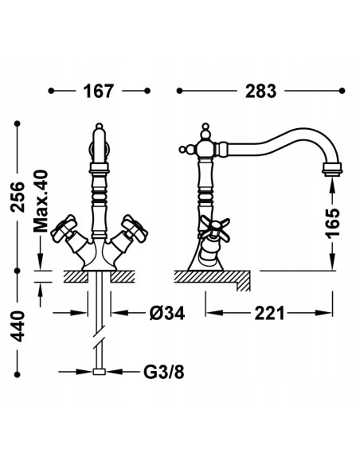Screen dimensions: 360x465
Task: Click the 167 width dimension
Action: pos(98,91)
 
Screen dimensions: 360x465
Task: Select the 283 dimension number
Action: pos(260,91)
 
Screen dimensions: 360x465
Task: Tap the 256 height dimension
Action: pos(18,197)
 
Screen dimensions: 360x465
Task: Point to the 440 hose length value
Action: pos(18,326)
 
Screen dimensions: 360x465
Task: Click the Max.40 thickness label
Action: pos(41,201)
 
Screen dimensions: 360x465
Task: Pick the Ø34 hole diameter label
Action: pos(167,313)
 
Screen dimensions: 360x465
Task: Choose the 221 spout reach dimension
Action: pos(269,313)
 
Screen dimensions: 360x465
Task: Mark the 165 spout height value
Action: pos(332,223)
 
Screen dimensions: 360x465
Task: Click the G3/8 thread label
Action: pos(164,372)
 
